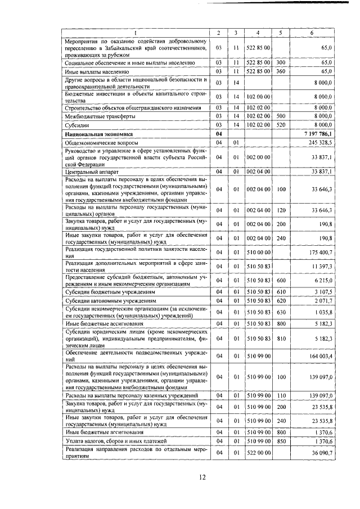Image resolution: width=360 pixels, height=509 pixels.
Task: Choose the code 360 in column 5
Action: (281, 72)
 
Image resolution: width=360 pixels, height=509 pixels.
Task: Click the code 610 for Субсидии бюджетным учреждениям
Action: (281, 291)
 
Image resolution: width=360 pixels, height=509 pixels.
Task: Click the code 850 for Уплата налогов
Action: (281, 442)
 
